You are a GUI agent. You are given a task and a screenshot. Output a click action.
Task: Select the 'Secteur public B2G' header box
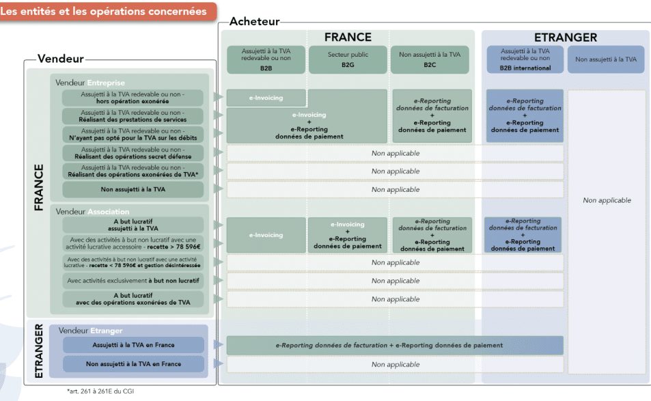click(x=348, y=59)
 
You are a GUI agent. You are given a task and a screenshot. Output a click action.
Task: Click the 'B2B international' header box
click(x=525, y=59)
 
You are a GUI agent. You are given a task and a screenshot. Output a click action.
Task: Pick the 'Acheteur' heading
click(x=254, y=22)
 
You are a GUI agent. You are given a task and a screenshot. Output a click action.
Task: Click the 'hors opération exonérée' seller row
click(x=133, y=97)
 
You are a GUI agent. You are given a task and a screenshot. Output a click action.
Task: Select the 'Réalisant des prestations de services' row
click(x=133, y=115)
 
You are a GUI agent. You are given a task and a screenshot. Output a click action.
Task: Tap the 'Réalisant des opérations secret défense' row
click(x=133, y=152)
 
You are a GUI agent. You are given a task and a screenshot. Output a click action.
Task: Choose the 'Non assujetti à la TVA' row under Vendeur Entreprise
click(x=133, y=189)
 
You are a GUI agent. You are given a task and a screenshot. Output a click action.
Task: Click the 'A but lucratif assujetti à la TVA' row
click(x=133, y=225)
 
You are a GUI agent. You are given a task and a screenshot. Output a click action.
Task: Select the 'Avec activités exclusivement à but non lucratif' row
click(x=133, y=281)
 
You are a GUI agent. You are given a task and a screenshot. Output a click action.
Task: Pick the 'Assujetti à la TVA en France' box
click(x=133, y=345)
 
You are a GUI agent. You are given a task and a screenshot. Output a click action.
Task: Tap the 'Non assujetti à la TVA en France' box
click(x=133, y=364)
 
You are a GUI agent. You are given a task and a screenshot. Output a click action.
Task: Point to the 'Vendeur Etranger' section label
click(x=90, y=331)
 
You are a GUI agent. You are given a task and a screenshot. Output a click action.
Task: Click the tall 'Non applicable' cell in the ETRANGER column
click(x=607, y=201)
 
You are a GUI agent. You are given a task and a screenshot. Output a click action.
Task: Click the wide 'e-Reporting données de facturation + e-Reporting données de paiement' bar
click(x=395, y=345)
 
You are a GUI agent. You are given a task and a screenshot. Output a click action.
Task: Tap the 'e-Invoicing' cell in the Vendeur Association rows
click(x=266, y=235)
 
